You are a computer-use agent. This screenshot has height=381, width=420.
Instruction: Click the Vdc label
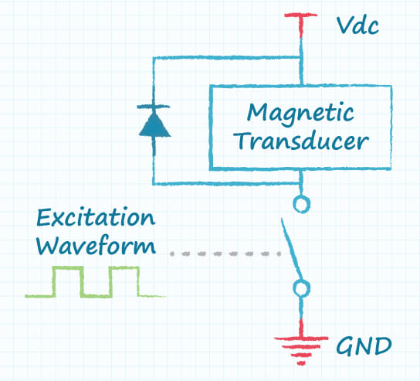pos(358,26)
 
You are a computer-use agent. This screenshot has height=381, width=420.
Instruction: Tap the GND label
pos(364,346)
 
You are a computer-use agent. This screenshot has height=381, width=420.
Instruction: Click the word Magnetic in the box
pos(300,114)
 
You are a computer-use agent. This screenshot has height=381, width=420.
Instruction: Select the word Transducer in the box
pos(303,141)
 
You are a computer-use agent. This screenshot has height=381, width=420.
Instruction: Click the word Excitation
pos(96,217)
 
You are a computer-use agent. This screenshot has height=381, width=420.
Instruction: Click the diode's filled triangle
pos(154,124)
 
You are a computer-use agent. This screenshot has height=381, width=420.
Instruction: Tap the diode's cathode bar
pos(154,107)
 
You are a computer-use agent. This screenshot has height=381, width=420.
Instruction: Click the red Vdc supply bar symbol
pos(301,24)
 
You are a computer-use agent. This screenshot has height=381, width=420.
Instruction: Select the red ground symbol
pos(301,346)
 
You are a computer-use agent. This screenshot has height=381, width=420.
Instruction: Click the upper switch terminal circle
pos(302,204)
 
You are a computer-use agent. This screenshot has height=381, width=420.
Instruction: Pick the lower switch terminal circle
pos(302,288)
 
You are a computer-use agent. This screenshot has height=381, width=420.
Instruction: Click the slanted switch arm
pos(292,249)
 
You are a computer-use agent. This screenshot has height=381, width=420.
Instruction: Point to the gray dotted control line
pos(225,253)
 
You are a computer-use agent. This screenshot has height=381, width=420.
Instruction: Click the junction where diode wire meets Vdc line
pos(301,57)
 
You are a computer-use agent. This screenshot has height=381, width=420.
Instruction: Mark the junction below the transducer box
pos(301,183)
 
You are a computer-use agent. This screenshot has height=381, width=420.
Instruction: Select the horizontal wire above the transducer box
pos(227,57)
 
